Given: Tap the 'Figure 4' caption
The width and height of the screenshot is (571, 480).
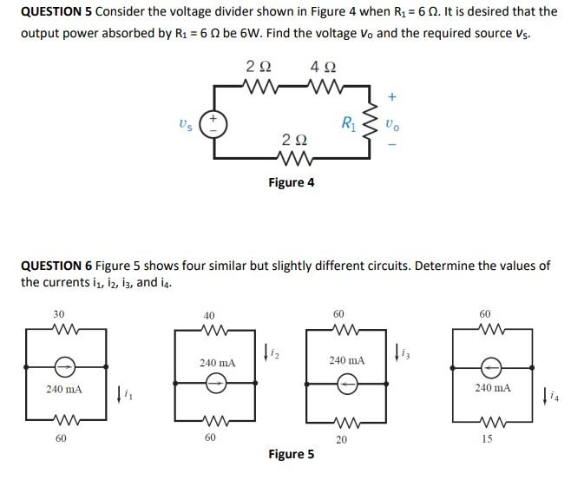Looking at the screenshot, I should tap(292, 182).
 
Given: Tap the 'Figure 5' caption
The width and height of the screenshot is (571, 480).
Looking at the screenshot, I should tap(292, 454).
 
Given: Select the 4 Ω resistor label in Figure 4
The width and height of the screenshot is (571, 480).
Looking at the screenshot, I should tap(324, 67).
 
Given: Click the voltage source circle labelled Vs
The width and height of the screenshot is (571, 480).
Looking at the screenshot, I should tap(212, 123).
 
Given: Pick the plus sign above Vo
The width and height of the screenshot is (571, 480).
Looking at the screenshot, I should tap(391, 97).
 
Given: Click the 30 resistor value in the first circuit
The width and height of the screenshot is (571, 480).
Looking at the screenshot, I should tap(59, 313).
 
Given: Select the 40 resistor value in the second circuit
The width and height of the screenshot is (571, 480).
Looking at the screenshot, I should tap(209, 317).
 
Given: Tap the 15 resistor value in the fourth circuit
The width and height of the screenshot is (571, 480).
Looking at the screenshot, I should tap(487, 438).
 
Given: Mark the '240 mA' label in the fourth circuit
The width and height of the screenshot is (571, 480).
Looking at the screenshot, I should tap(493, 388).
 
